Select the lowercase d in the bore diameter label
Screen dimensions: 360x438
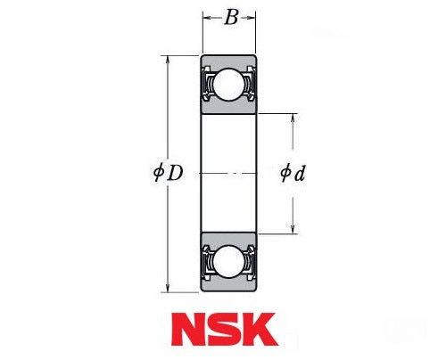point(300,173)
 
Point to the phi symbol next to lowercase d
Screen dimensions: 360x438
point(285,173)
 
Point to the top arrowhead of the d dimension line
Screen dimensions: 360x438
point(293,118)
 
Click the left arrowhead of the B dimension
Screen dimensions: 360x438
point(205,16)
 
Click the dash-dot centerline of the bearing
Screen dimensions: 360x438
point(229,173)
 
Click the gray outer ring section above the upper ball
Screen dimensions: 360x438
point(229,62)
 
